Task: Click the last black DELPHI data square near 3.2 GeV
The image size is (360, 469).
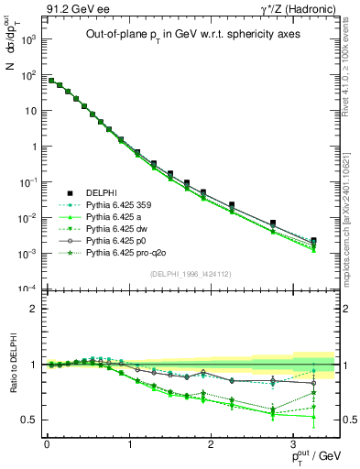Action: (x=313, y=241)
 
